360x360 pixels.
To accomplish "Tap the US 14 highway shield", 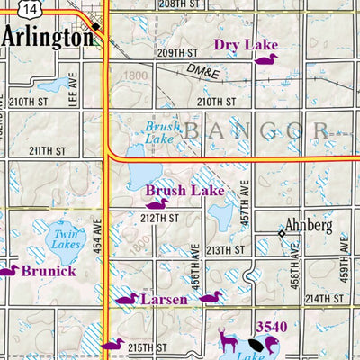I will coord(32,7).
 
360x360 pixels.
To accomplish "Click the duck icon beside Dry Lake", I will coord(265,59).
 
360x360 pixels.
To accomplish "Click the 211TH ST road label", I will coord(48,150).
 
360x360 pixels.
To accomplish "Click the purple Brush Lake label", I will coord(184,191).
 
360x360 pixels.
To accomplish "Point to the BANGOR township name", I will coord(261,132).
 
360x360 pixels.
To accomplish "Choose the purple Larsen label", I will coord(164,299).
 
